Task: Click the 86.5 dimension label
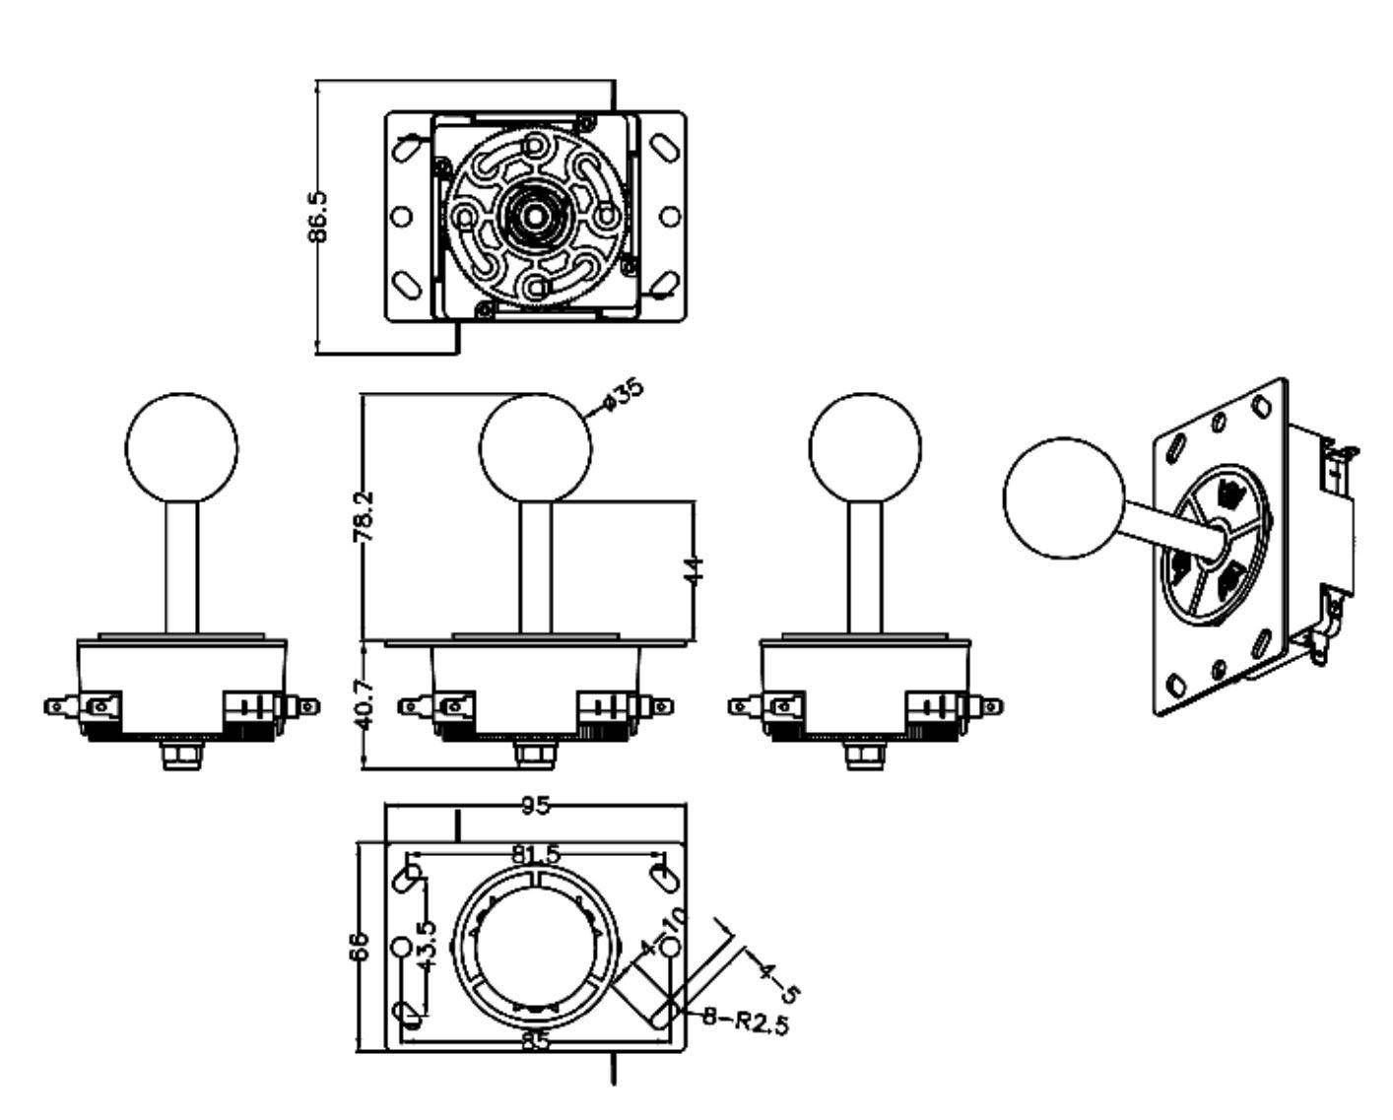tap(318, 218)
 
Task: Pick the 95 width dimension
tap(535, 806)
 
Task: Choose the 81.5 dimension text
tap(537, 855)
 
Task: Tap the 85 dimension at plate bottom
tap(535, 1040)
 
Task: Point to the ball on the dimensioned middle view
tap(535, 447)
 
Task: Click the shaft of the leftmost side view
tap(182, 566)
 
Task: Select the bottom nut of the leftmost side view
tap(182, 756)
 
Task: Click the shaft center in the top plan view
tap(535, 214)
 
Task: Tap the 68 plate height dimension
tap(361, 947)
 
